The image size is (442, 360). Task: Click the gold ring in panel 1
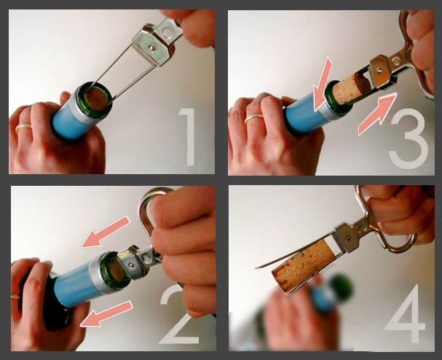coord(24,128)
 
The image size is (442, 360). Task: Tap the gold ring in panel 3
coord(253,118)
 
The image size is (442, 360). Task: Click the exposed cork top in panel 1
coord(97,98)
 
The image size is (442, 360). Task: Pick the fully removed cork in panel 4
coord(306,268)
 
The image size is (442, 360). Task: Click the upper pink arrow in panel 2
coord(106,232)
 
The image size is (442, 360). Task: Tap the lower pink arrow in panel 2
coord(106,314)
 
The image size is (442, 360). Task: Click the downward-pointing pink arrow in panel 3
coord(323,85)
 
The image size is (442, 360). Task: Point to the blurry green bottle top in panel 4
coord(342,287)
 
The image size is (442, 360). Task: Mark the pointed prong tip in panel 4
coord(256,267)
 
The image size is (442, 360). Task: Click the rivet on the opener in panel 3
coord(381,68)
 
